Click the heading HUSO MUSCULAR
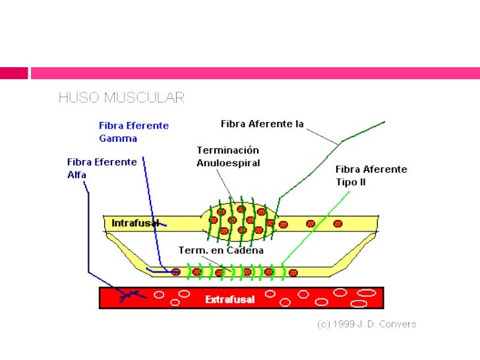tap(121, 98)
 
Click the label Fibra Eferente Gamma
tap(134, 132)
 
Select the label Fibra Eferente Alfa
tap(102, 168)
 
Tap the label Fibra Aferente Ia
tap(262, 124)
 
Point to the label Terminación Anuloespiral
tap(228, 156)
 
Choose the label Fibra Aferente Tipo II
tap(371, 175)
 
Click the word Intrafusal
tap(135, 223)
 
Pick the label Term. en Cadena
tap(222, 251)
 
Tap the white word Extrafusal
tap(230, 299)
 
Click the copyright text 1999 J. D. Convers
tap(367, 324)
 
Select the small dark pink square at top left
tap(13, 73)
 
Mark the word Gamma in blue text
tap(118, 138)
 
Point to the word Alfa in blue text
tap(76, 175)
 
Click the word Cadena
tap(245, 251)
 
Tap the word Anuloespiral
tap(228, 163)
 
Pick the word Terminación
tap(227, 150)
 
